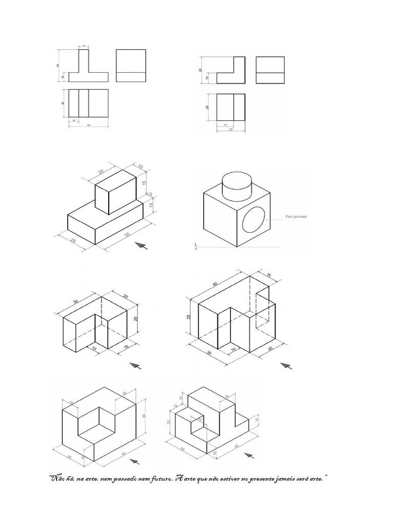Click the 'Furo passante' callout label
[x=297, y=217]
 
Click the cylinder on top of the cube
[x=237, y=185]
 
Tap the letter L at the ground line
[x=196, y=245]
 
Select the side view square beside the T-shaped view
[x=131, y=65]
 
